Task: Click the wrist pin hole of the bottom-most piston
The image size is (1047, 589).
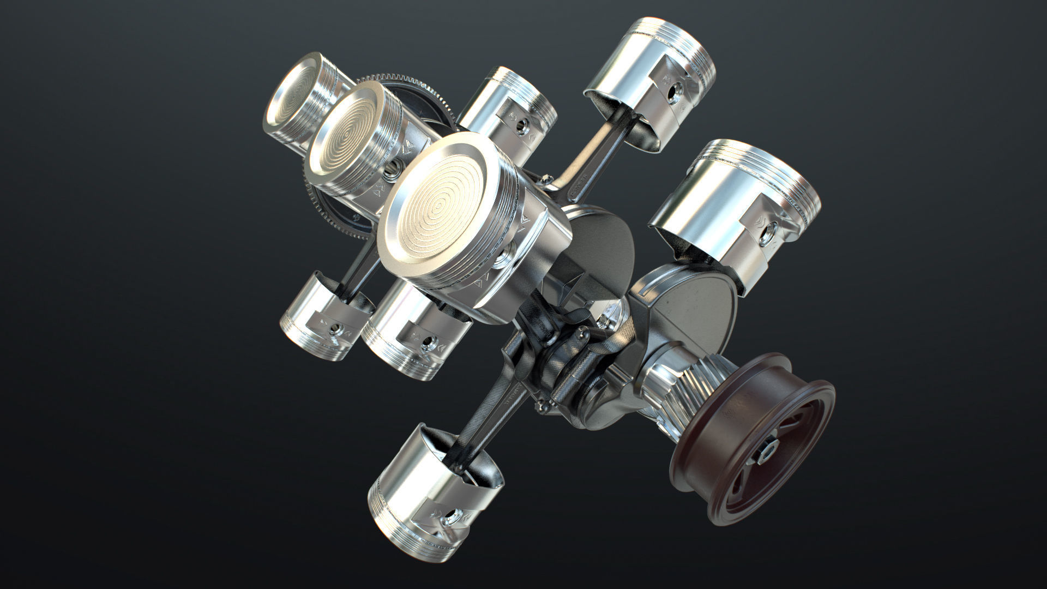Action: click(x=453, y=516)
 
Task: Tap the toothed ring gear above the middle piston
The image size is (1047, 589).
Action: click(x=414, y=87)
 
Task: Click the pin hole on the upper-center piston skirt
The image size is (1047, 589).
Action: click(x=522, y=127)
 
